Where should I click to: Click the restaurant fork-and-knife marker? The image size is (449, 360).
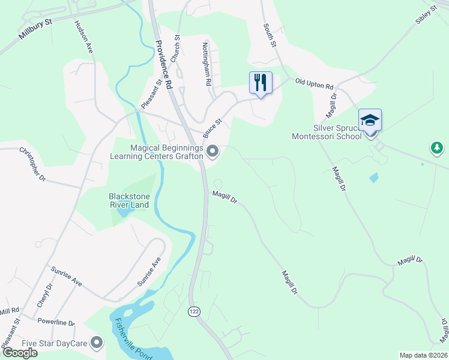[x=261, y=82]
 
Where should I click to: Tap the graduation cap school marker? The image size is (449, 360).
[x=370, y=119]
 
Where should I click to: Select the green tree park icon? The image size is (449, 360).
[x=437, y=148]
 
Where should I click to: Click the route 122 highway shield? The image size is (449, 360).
[x=194, y=311]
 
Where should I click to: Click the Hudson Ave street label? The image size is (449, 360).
[x=83, y=36]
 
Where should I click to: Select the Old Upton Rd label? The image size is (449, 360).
[x=313, y=83]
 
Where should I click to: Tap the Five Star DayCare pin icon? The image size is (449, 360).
[x=97, y=344]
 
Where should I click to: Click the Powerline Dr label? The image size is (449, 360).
[x=56, y=322]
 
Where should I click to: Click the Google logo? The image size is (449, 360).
[x=19, y=353]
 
